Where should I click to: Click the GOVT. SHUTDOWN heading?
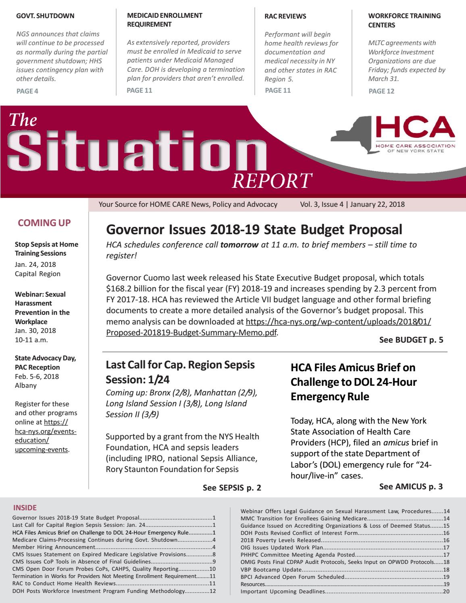pyautogui.click(x=45, y=16)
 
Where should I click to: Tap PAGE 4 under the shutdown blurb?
pyautogui.click(x=27, y=91)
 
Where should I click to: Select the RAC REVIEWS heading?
pyautogui.click(x=285, y=17)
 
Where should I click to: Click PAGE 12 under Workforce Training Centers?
pyautogui.click(x=381, y=91)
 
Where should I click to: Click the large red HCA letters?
pyautogui.click(x=415, y=128)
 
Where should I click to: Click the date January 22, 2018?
pyautogui.click(x=377, y=204)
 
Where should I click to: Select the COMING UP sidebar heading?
pyautogui.click(x=44, y=223)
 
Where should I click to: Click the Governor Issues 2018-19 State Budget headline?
pyautogui.click(x=254, y=230)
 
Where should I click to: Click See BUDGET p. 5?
pyautogui.click(x=411, y=340)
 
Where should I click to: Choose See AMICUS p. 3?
pyautogui.click(x=411, y=487)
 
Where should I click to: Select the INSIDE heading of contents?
pyautogui.click(x=25, y=508)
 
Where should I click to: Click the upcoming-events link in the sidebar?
pyautogui.click(x=41, y=449)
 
